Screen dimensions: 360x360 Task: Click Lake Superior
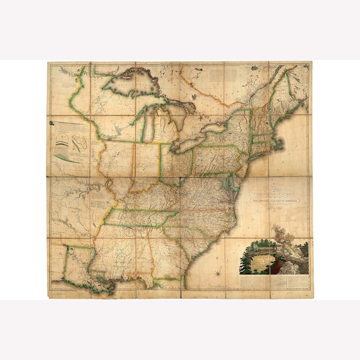pyautogui.click(x=135, y=84)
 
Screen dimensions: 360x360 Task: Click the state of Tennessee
pyautogui.click(x=141, y=219)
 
